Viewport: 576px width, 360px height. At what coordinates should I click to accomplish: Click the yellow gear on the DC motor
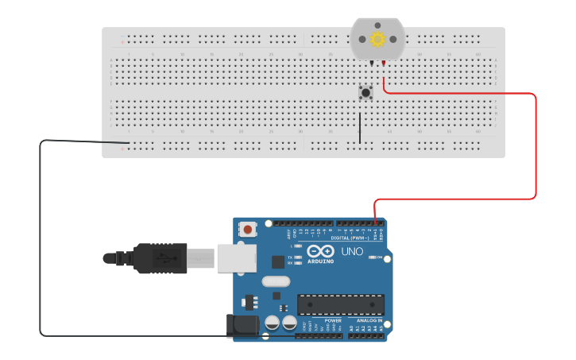[x=377, y=39]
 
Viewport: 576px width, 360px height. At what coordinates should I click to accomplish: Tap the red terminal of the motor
[x=384, y=63]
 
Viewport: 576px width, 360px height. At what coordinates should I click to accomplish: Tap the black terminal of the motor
[x=370, y=63]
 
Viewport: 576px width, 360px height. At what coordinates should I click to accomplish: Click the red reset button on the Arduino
[x=248, y=230]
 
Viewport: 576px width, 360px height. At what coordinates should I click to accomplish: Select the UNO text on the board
[x=352, y=252]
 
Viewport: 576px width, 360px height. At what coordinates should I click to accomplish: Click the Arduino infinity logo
[x=321, y=251]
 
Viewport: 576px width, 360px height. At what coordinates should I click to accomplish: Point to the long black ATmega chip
[x=341, y=304]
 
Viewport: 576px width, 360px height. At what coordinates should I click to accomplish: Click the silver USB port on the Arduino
[x=237, y=257]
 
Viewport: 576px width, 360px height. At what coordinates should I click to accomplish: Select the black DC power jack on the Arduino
[x=242, y=325]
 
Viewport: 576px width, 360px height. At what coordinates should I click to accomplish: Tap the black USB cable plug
[x=160, y=258]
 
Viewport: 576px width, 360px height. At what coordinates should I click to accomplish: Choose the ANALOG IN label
[x=369, y=320]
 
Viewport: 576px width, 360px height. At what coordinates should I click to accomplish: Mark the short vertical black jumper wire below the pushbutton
[x=360, y=128]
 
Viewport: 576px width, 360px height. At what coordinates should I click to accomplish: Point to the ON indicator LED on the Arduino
[x=371, y=257]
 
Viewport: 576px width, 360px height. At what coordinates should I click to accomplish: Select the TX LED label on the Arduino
[x=289, y=257]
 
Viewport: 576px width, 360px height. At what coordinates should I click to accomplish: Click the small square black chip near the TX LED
[x=277, y=261]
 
